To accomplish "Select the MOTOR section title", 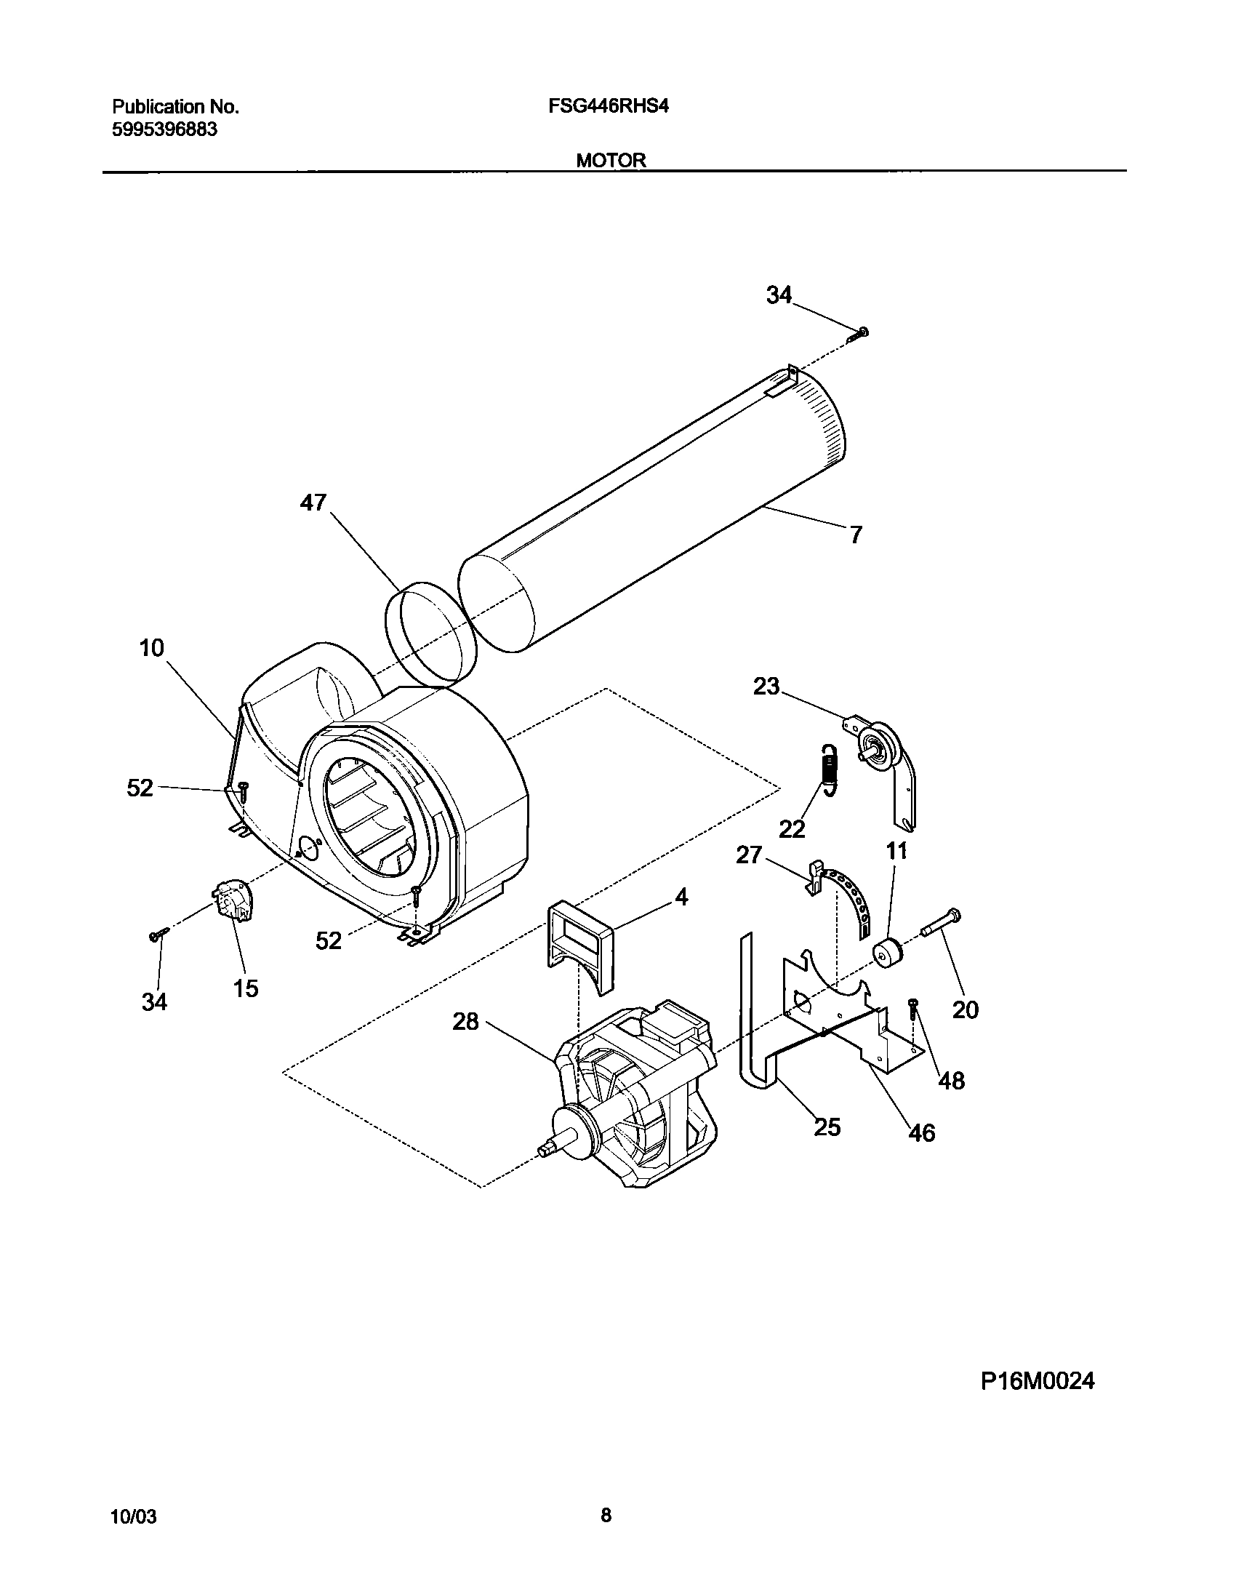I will [x=611, y=161].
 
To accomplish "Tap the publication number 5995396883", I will [x=164, y=130].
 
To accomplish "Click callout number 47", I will [x=314, y=503].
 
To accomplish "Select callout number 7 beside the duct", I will [x=856, y=535].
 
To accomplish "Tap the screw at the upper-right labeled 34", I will [x=860, y=334].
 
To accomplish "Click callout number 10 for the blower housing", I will [x=151, y=648].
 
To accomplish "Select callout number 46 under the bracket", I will [x=922, y=1132].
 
